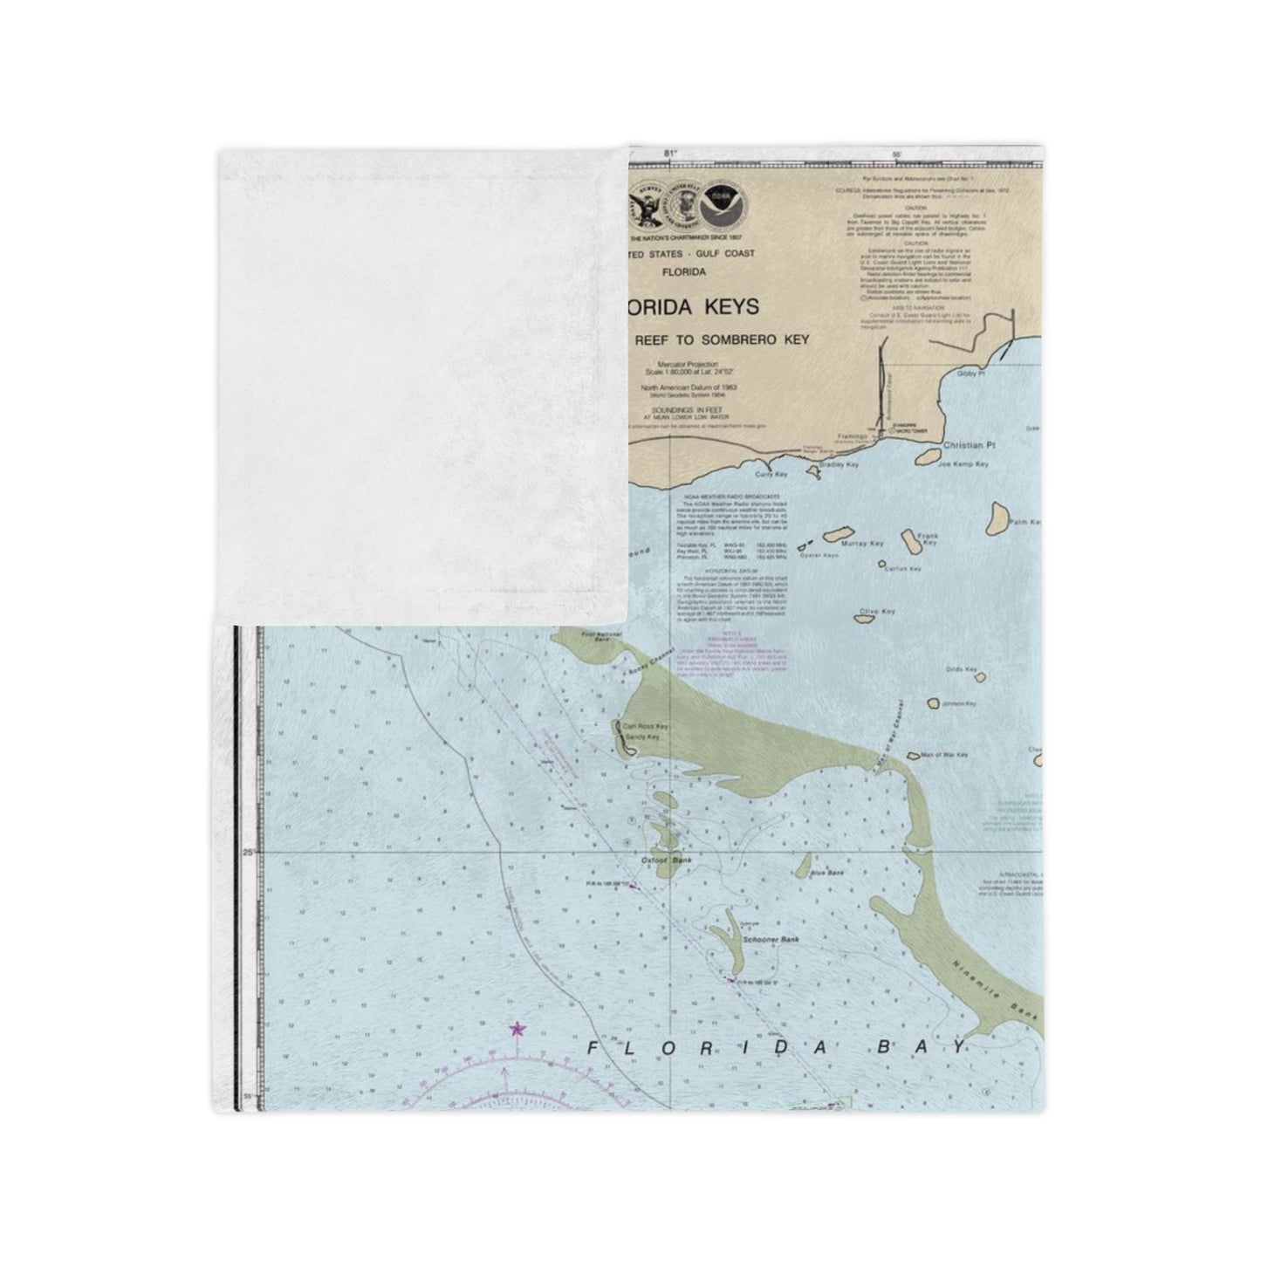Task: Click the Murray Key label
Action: (864, 544)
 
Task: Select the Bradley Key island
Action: (812, 472)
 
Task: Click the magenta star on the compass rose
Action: (517, 1030)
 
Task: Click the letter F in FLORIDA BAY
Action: (593, 1048)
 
